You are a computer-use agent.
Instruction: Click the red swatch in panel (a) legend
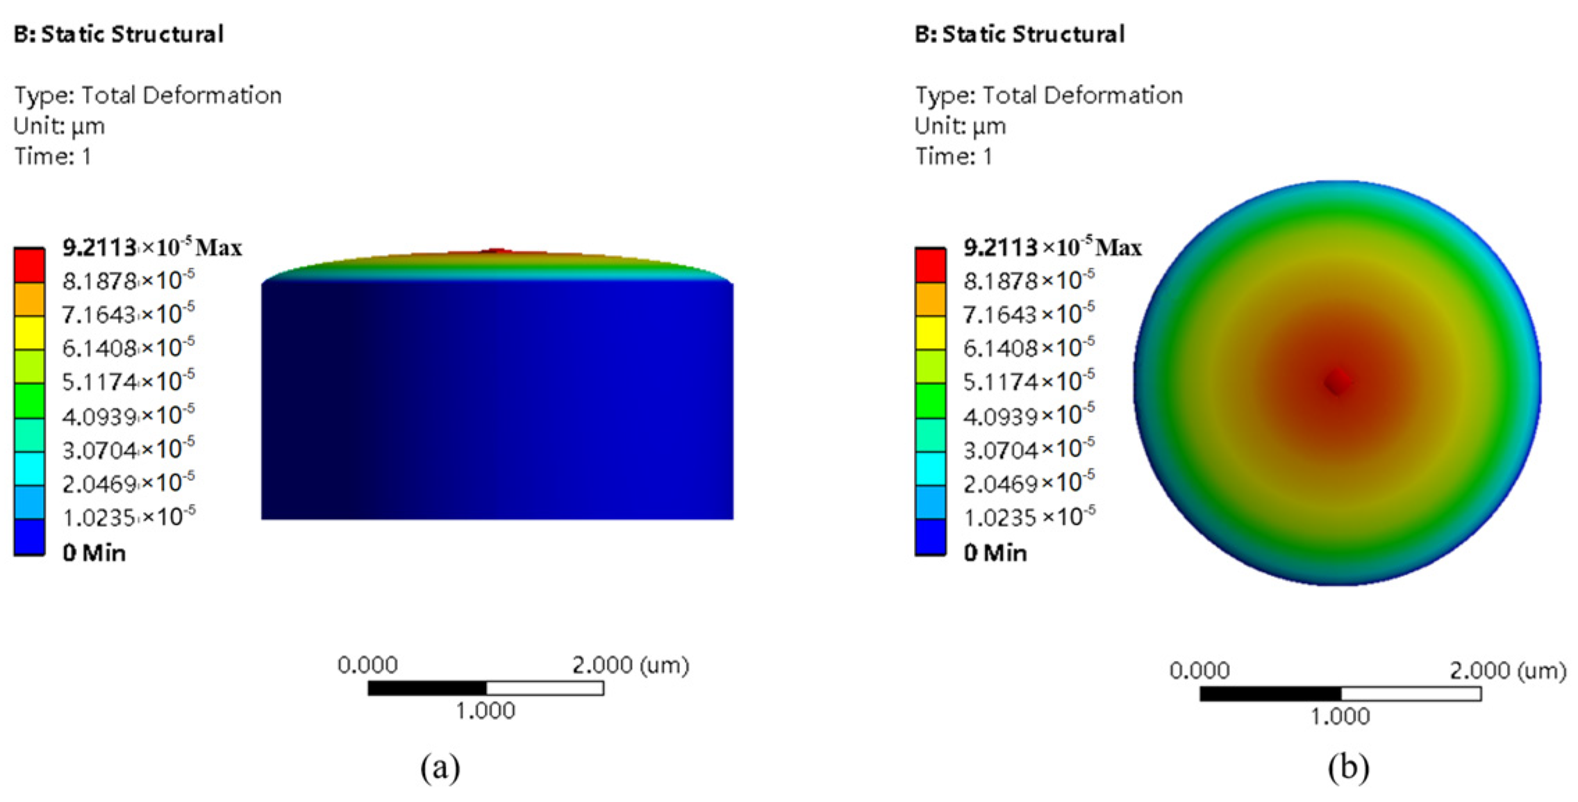pos(29,265)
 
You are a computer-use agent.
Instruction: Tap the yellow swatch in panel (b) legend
pos(930,333)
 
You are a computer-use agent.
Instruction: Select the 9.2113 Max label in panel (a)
pos(151,247)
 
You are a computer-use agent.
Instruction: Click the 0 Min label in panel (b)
pos(995,553)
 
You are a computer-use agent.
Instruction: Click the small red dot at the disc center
pos(1337,382)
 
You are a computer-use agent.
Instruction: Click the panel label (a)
pos(440,767)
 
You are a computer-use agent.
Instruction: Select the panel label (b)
pos(1348,767)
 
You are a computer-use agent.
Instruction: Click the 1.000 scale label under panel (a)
pos(485,711)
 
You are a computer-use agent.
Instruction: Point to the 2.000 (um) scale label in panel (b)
pos(1508,671)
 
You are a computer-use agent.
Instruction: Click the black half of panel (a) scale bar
pos(427,688)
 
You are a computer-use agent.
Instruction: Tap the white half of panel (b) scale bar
pos(1411,694)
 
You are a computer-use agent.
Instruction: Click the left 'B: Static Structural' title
pos(119,34)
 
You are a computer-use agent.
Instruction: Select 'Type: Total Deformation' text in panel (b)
pos(1049,95)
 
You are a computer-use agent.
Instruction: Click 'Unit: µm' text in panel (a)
pos(59,126)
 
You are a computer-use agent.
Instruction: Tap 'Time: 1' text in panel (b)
pos(953,156)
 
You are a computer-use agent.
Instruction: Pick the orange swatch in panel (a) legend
pos(29,300)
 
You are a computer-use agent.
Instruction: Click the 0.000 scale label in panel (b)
pos(1199,671)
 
